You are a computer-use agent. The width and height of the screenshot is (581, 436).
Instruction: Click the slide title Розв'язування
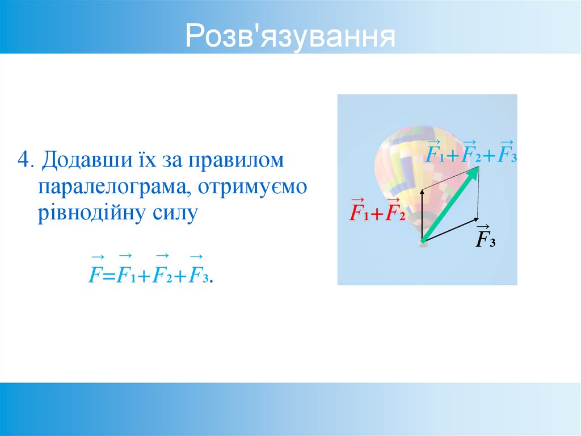click(x=290, y=36)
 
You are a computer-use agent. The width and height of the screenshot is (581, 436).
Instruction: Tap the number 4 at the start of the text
click(x=23, y=159)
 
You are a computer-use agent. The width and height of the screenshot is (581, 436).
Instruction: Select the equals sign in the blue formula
click(x=108, y=276)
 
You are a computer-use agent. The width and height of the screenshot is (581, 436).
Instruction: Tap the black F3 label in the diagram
click(x=485, y=239)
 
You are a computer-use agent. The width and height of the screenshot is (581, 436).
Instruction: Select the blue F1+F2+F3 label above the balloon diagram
click(x=470, y=154)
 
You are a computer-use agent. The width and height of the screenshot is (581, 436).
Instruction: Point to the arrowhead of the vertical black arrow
click(x=422, y=192)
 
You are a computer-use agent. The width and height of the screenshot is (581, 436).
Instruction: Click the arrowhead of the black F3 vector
click(x=475, y=219)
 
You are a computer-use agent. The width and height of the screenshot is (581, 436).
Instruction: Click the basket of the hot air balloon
click(x=422, y=242)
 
